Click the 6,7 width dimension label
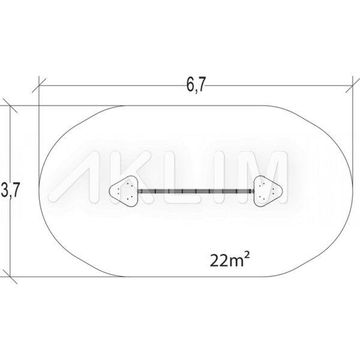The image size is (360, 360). click(x=195, y=85)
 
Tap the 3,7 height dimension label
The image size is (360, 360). click(x=9, y=190)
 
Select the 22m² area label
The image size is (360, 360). click(x=230, y=260)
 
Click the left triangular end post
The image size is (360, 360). click(x=124, y=191)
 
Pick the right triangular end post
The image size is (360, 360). click(x=268, y=191)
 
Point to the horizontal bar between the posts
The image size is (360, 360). click(x=196, y=191)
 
